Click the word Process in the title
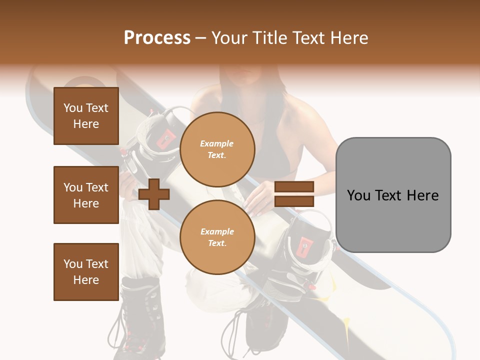coord(157,38)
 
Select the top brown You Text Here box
coord(86,116)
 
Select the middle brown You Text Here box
coord(86,195)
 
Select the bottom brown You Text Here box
coord(86,272)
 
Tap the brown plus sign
coord(154,194)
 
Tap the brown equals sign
coord(294,194)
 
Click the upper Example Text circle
coord(217,149)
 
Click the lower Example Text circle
coord(217,237)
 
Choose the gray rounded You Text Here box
coord(393,195)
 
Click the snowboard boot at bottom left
coord(137,315)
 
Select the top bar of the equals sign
coord(294,187)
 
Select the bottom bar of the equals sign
coord(294,201)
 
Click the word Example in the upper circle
coord(217,143)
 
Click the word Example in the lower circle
coord(217,231)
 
